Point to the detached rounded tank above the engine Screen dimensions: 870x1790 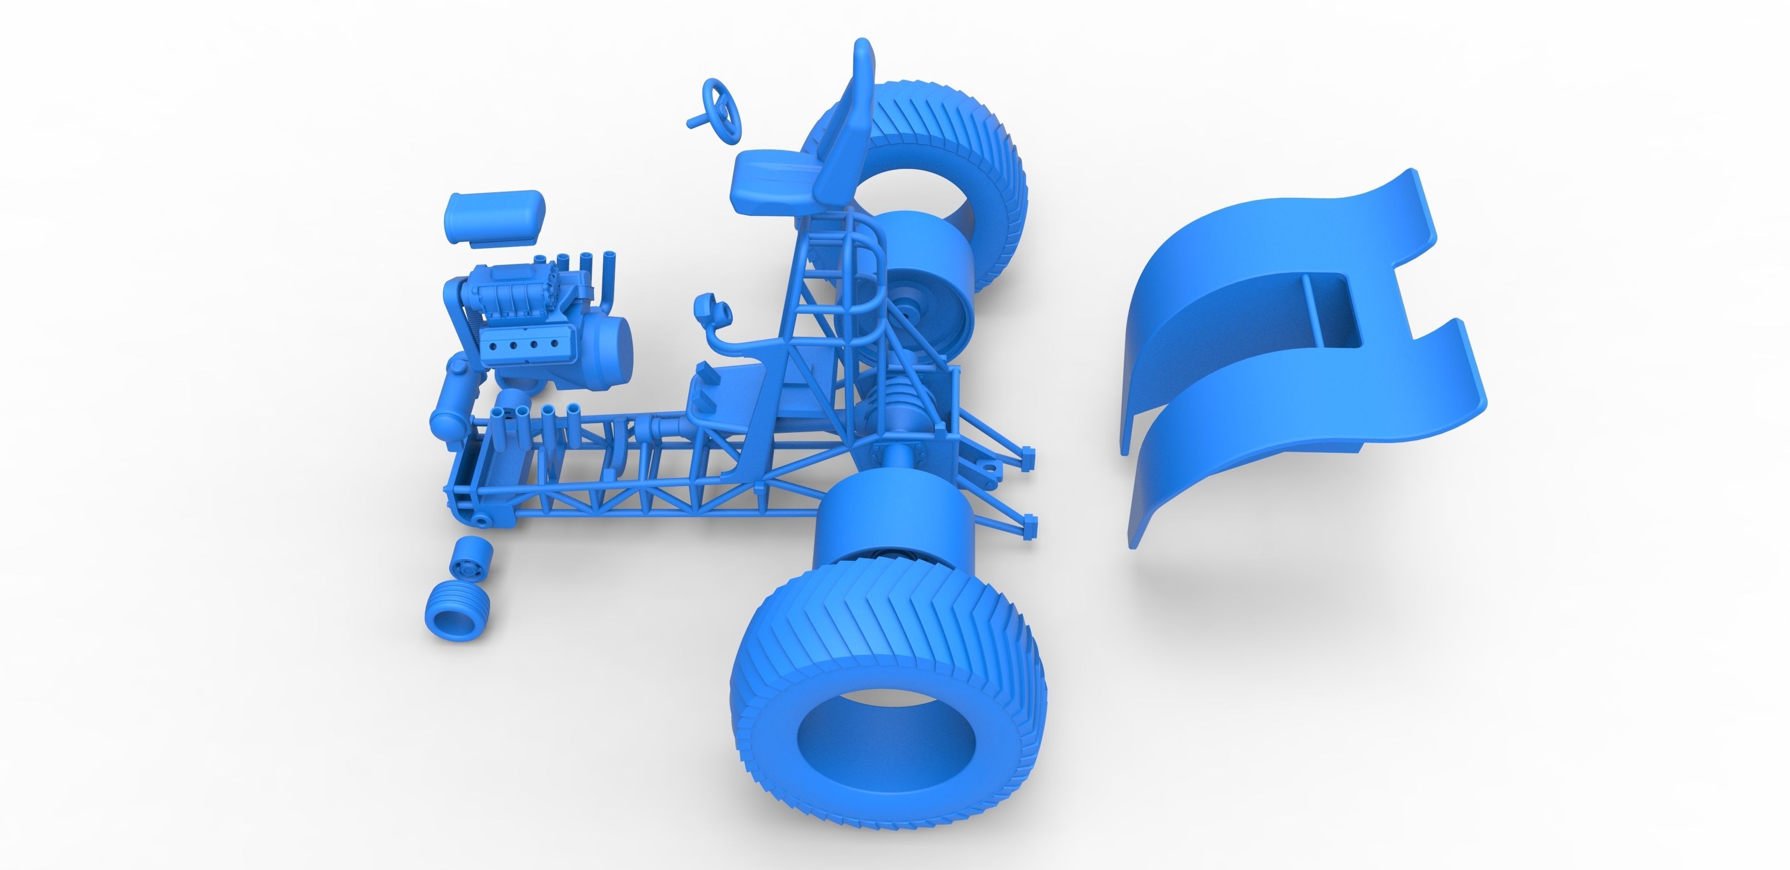[495, 216]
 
